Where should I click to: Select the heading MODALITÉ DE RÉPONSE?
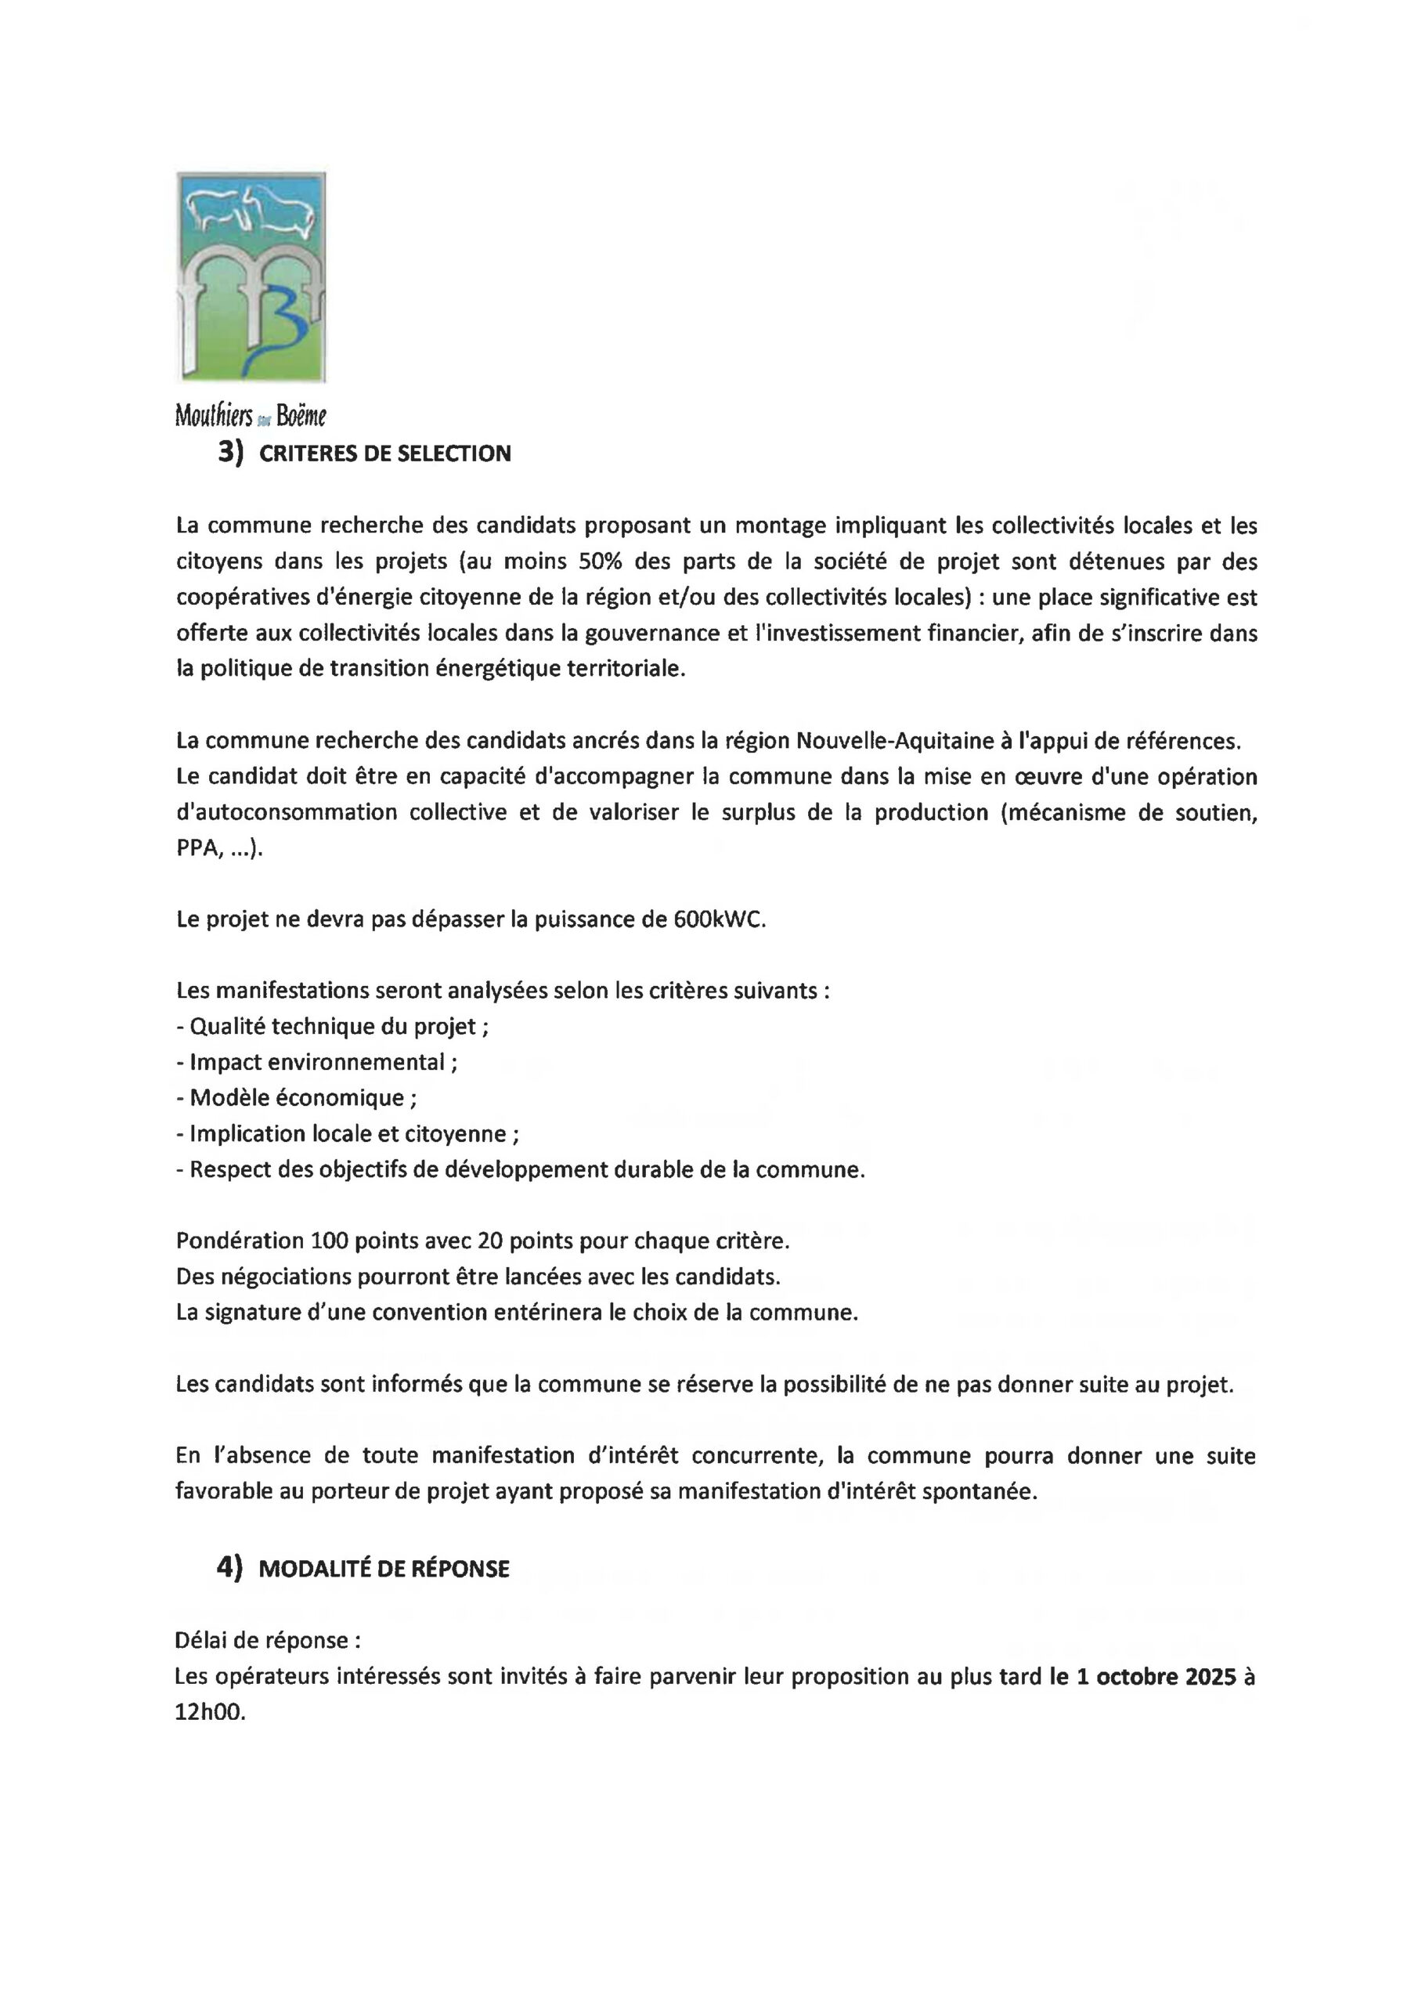[384, 1570]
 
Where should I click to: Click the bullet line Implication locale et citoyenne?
[348, 1133]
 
